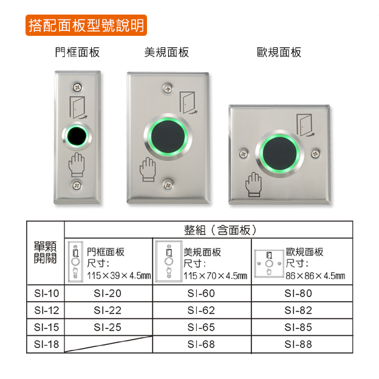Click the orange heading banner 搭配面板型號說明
86,25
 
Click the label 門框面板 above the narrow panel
77,52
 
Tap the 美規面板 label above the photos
166,52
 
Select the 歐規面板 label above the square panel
279,52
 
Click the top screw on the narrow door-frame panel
77,87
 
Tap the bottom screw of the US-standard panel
168,185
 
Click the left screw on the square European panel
244,153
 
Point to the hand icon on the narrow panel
77,165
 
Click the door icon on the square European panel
306,125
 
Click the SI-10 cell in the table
46,293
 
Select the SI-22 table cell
108,310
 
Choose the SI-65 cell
202,327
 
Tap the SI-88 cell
298,344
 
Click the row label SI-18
46,344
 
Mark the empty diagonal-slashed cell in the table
109,344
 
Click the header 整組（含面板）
220,230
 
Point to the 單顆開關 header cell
45,252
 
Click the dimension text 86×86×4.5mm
315,276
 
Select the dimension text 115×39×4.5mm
118,276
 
